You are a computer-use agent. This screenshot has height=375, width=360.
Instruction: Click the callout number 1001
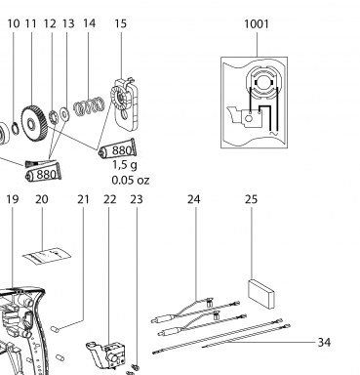coord(257,24)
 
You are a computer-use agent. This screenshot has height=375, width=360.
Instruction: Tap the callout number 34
coord(324,342)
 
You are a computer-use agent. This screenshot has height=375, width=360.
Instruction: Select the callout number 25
coord(251,199)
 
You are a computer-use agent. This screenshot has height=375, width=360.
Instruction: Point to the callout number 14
coord(89,23)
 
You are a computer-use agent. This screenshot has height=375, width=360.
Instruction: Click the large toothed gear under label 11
coord(34,123)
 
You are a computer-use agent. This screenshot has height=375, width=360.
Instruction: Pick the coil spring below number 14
coord(89,106)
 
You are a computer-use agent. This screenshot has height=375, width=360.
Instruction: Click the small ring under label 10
coord(15,128)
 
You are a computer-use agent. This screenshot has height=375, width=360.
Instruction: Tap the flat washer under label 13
coord(64,114)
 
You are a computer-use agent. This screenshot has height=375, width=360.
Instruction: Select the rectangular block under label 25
coord(261,294)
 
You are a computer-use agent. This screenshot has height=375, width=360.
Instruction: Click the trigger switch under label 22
coord(106,354)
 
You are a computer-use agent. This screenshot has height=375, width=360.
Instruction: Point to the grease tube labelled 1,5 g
coord(117,150)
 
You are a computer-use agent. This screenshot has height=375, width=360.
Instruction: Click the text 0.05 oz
coord(131,180)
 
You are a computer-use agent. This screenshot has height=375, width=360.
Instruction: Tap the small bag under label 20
coord(47,256)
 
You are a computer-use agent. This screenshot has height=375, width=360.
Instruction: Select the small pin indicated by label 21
coord(55,329)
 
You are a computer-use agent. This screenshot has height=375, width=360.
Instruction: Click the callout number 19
coord(13,199)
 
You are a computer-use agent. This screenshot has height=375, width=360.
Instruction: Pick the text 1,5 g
coord(125,165)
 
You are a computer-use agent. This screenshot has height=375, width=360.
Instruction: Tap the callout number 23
coord(137,199)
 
